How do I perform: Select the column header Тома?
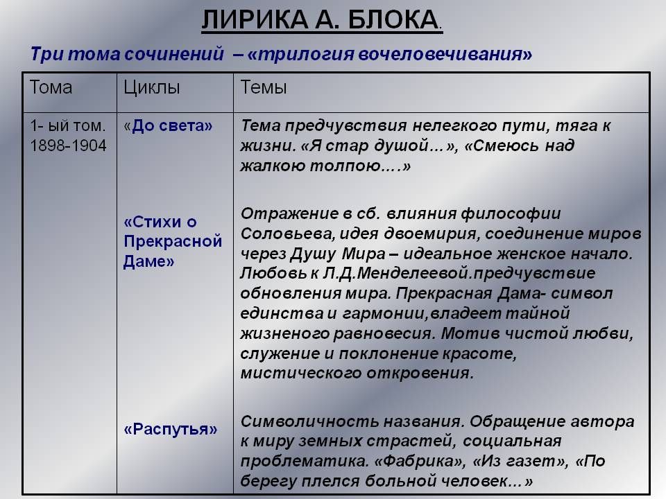coord(51,87)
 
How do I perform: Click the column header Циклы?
coord(152,88)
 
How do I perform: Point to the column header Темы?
coord(264,87)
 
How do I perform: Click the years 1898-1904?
coord(68,146)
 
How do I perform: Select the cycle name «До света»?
coord(168,125)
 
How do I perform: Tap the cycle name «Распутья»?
coord(171,430)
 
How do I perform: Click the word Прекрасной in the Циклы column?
coord(173,241)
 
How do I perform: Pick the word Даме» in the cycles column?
coord(149,261)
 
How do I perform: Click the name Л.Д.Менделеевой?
coord(397,273)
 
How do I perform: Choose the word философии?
coord(511,213)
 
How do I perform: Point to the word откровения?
coord(420,374)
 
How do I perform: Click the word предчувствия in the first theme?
coord(345,126)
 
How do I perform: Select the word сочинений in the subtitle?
coord(174,54)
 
